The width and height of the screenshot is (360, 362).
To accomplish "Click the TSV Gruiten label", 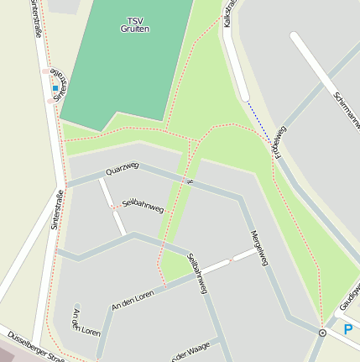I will click(x=135, y=24).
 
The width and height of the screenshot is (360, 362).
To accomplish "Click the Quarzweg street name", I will click(x=122, y=168).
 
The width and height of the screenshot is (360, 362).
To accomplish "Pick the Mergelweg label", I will click(x=258, y=248).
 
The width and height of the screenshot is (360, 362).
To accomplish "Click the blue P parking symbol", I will click(x=348, y=330).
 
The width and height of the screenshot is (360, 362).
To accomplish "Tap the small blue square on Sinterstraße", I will click(x=55, y=88).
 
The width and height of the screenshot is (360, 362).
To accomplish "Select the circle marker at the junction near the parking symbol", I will click(x=322, y=333).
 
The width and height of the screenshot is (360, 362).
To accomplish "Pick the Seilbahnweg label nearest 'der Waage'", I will click(x=197, y=274).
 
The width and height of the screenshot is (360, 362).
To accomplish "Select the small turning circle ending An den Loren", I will click(x=76, y=307).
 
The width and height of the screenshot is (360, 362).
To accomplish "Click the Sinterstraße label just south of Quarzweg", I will click(x=56, y=215).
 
